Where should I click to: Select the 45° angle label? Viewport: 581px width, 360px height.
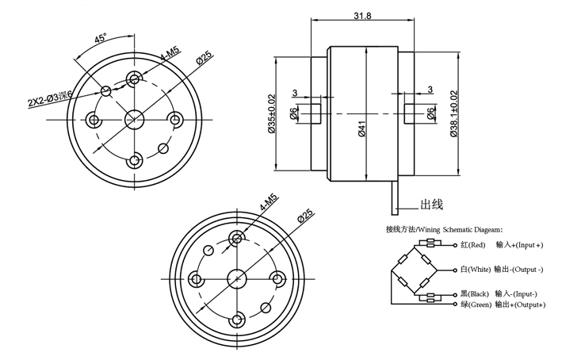point(101,38)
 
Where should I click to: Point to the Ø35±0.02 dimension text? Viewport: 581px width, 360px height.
point(272,114)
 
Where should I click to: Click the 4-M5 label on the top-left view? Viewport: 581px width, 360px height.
point(169,57)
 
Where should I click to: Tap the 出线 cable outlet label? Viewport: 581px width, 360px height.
point(431,204)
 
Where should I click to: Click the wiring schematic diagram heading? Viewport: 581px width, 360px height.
point(444,229)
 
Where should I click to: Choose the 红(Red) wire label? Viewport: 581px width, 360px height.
point(473,246)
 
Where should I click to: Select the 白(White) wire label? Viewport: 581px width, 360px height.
point(476,269)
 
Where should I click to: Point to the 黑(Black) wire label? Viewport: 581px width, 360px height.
point(476,294)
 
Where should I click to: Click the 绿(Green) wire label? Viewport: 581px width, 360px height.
point(476,304)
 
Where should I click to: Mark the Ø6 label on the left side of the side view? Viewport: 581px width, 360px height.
point(293,114)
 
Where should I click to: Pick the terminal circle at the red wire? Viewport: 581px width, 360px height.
point(454,246)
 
